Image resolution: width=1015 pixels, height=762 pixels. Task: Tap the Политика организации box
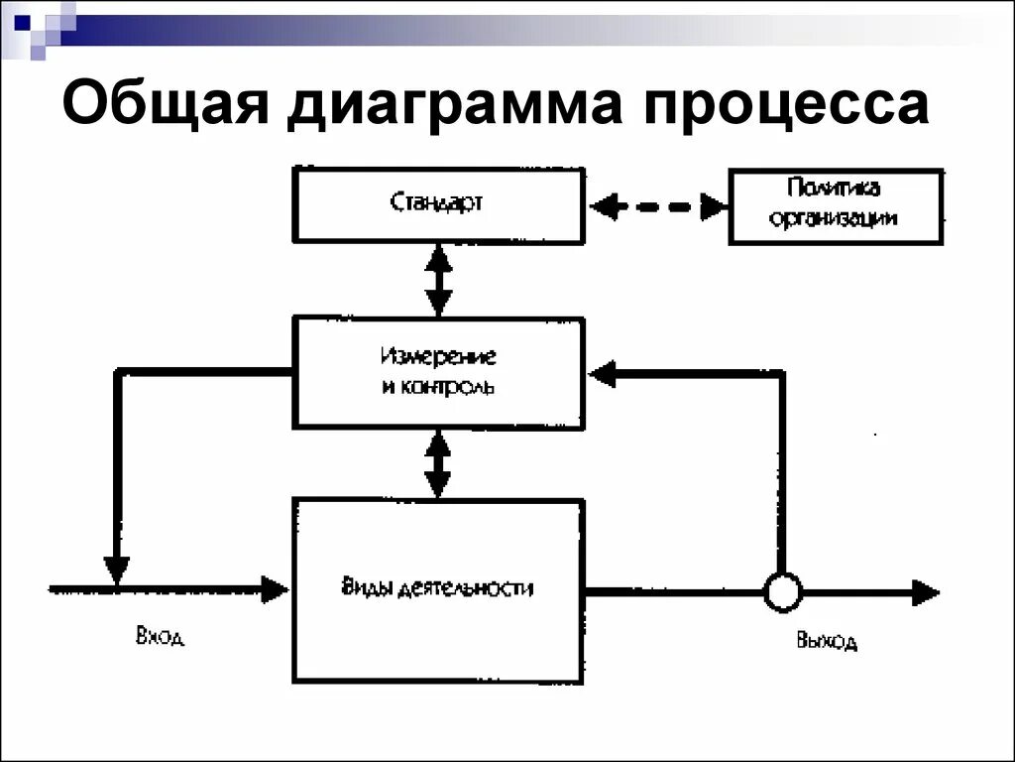pyautogui.click(x=836, y=206)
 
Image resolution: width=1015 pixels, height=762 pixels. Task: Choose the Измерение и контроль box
pyautogui.click(x=437, y=372)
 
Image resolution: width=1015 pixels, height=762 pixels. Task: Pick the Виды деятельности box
pyautogui.click(x=437, y=589)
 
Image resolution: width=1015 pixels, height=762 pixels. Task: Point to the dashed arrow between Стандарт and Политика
pyautogui.click(x=657, y=207)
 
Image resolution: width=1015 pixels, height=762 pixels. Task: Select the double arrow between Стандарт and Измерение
pyautogui.click(x=437, y=280)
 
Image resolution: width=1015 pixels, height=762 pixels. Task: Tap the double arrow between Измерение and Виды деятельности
pyautogui.click(x=437, y=462)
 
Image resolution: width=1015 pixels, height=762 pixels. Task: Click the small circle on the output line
pyautogui.click(x=782, y=592)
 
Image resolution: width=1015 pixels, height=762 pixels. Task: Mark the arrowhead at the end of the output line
pyautogui.click(x=926, y=592)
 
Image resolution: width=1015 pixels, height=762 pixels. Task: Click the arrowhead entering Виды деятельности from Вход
pyautogui.click(x=275, y=589)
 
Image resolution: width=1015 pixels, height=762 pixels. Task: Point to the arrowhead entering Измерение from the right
pyautogui.click(x=603, y=374)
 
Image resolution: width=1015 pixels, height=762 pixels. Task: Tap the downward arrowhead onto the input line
pyautogui.click(x=117, y=571)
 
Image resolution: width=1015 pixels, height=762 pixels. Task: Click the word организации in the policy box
pyautogui.click(x=836, y=219)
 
